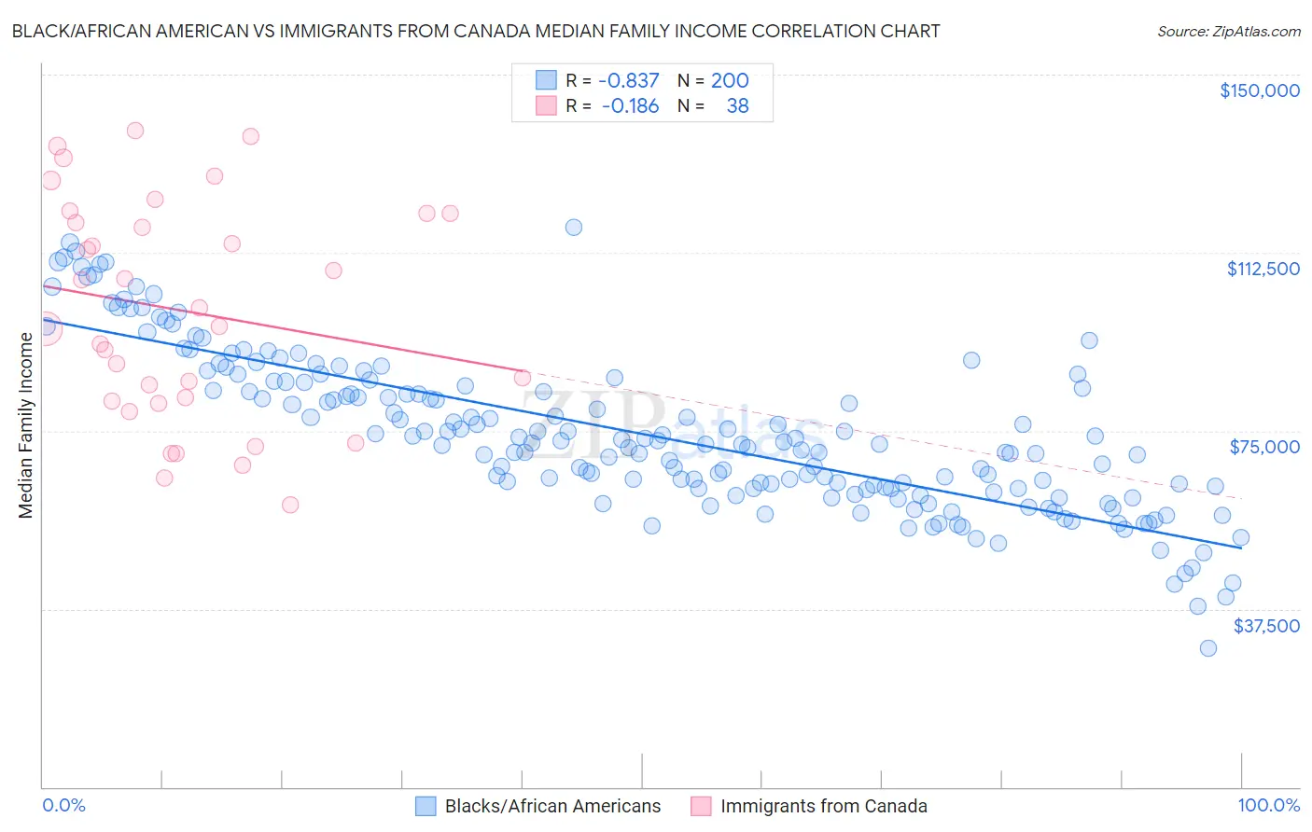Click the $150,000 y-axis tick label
click(x=1259, y=90)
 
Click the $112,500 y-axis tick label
click(x=1263, y=269)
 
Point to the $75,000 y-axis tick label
click(x=1264, y=447)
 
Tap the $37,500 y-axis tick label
click(x=1266, y=626)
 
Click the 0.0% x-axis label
click(x=63, y=806)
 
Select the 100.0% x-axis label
click(x=1268, y=806)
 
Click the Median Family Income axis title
click(x=26, y=425)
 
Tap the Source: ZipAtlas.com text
click(x=1228, y=31)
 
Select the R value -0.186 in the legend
click(x=630, y=106)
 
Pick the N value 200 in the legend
click(x=730, y=80)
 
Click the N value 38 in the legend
click(x=737, y=106)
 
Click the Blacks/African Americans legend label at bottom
click(x=552, y=806)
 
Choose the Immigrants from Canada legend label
click(x=823, y=806)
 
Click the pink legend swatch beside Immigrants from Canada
click(x=701, y=806)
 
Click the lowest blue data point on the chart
click(x=1207, y=648)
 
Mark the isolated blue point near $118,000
click(x=574, y=228)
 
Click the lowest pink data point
click(x=290, y=505)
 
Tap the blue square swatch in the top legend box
click(x=546, y=80)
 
